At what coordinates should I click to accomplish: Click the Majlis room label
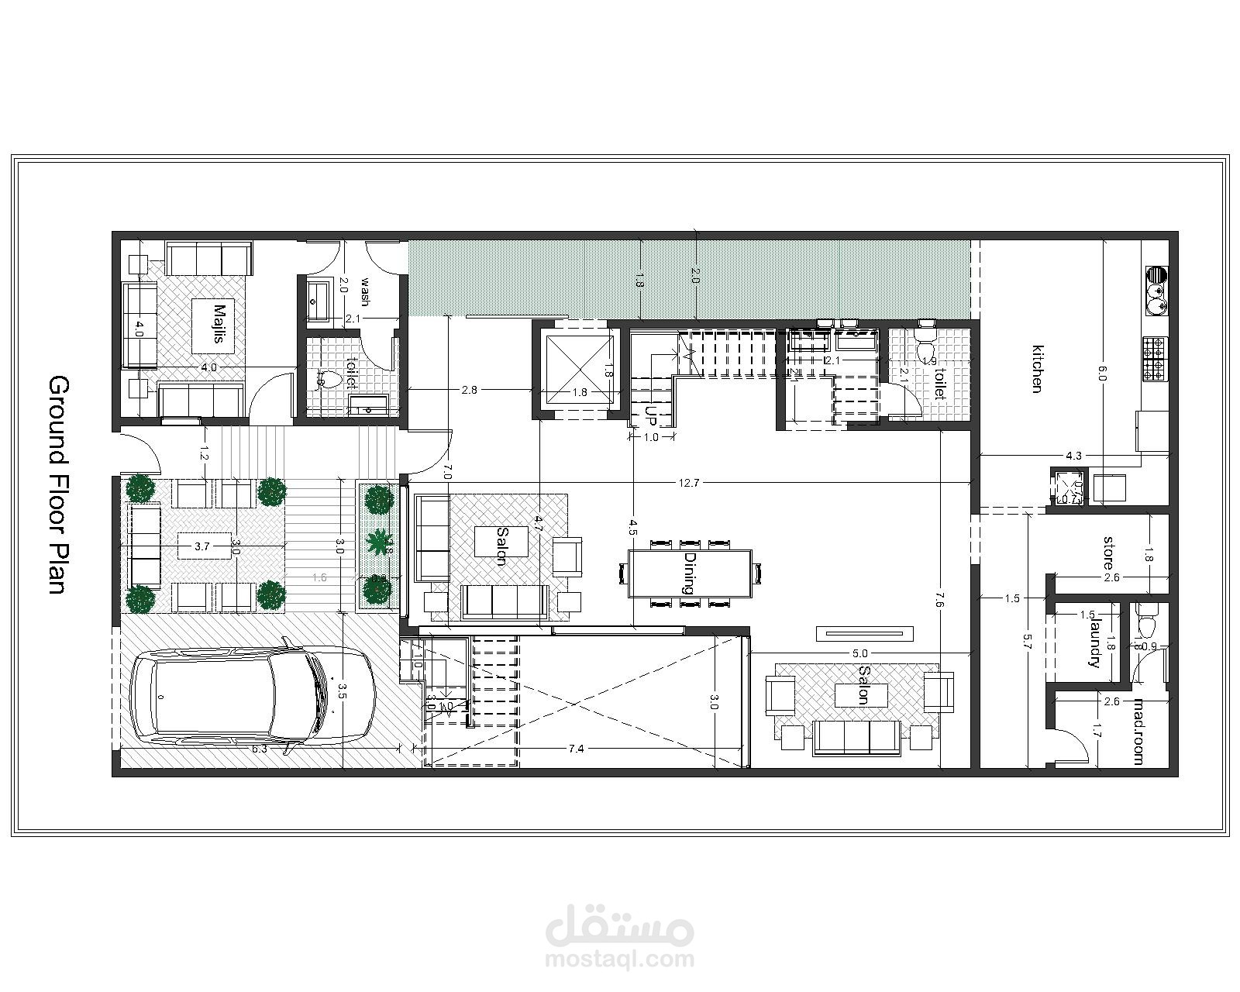point(219,324)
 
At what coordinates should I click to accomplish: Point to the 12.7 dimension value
point(688,483)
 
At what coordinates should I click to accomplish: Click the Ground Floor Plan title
point(59,485)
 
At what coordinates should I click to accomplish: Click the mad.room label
point(1138,732)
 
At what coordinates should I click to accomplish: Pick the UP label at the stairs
point(651,416)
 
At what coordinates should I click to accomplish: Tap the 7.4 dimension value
point(576,749)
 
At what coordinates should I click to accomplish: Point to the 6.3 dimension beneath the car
point(260,749)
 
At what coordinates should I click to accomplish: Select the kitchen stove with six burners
point(1154,358)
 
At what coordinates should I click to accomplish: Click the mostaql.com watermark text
point(619,959)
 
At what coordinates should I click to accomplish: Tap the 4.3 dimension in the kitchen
point(1073,456)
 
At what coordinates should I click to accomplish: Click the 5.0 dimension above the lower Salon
point(859,653)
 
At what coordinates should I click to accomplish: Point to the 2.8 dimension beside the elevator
point(469,391)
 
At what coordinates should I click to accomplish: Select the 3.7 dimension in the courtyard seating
point(202,546)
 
